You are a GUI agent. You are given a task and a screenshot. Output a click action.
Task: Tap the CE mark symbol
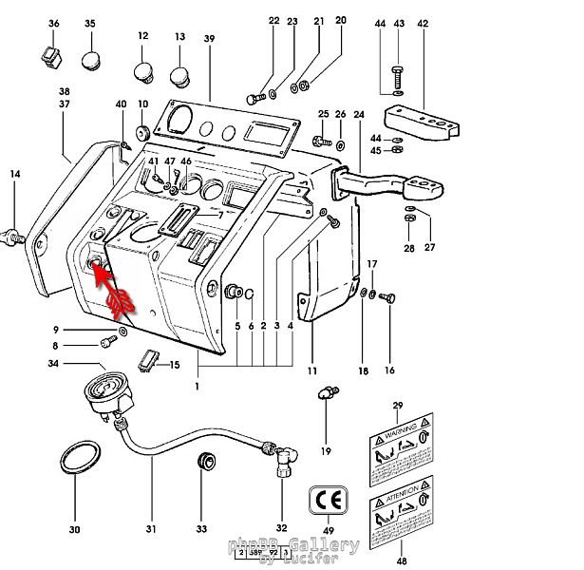[328, 499]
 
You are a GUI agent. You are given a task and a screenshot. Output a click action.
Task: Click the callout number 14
[14, 174]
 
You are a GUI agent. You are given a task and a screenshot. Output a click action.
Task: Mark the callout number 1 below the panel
[198, 388]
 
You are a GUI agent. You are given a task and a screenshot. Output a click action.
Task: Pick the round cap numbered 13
[180, 75]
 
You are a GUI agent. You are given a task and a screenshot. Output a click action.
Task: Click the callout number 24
[358, 116]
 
